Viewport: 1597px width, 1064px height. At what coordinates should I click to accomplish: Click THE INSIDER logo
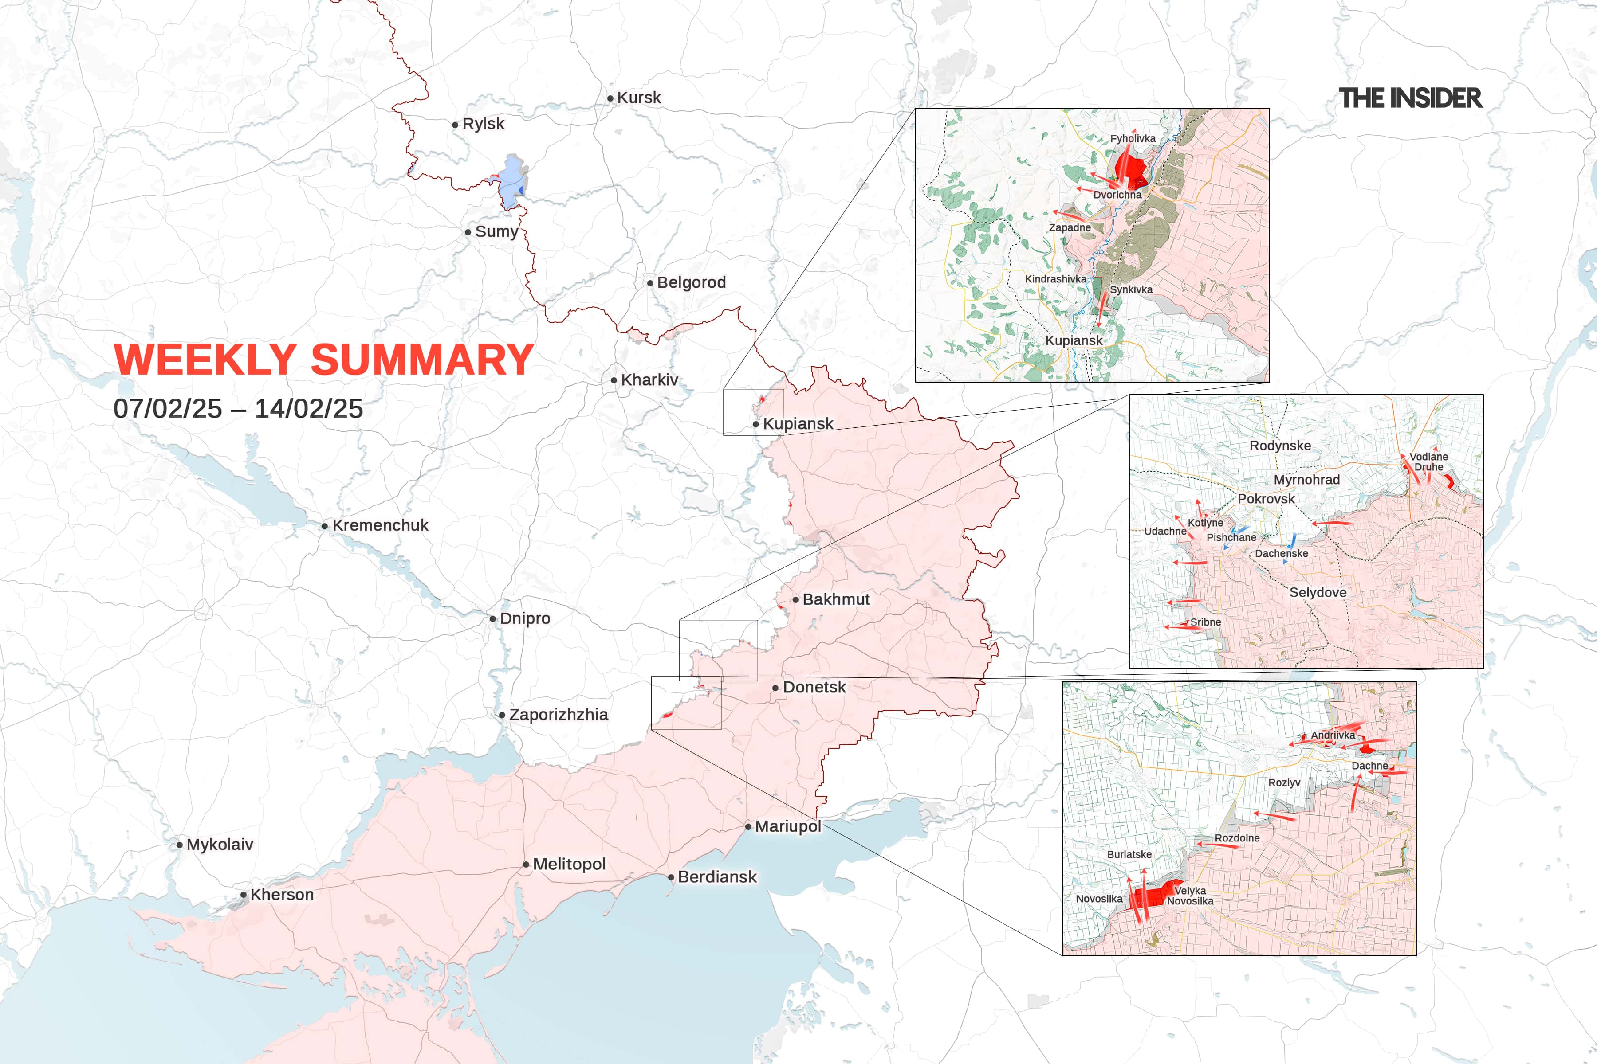click(x=1410, y=98)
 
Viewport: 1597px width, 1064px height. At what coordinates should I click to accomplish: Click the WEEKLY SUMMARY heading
click(x=323, y=360)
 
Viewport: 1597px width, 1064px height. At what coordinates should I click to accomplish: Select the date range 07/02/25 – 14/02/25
click(x=238, y=408)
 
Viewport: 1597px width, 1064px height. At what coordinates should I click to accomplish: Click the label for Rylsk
click(x=483, y=124)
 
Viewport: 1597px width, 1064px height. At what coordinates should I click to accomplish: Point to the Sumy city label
click(x=496, y=231)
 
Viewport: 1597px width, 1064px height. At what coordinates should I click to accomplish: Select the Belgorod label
click(x=691, y=282)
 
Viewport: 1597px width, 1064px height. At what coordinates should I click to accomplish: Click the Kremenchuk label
click(x=380, y=525)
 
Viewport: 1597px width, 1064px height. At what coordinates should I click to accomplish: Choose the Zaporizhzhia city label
click(x=558, y=715)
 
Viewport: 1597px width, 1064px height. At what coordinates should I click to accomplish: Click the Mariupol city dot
click(x=748, y=826)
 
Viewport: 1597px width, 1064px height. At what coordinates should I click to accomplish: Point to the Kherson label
click(x=282, y=894)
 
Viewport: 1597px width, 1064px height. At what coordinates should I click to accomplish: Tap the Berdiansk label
click(x=717, y=877)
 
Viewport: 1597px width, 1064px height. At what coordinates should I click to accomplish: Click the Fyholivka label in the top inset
click(x=1133, y=138)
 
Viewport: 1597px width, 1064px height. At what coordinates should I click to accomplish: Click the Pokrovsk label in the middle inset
click(x=1266, y=499)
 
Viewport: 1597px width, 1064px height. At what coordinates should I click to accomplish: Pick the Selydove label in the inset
click(x=1317, y=592)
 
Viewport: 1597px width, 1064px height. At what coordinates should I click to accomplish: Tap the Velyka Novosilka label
click(x=1190, y=896)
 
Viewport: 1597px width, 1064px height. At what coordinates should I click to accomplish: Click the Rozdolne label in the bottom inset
click(x=1237, y=838)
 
